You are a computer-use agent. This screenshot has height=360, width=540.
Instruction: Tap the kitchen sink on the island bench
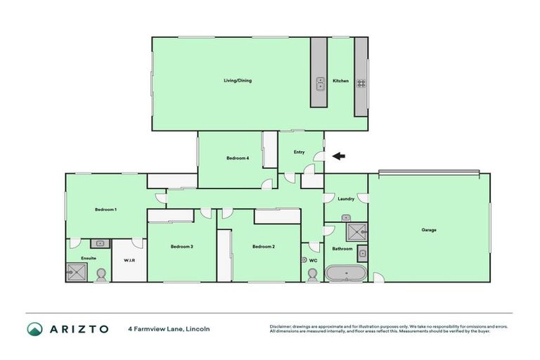point(319,82)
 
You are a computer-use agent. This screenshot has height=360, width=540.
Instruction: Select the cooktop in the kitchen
point(361,82)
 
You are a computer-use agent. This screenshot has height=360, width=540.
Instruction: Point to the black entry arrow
point(338,156)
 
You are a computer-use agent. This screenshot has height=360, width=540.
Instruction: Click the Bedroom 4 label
point(237,158)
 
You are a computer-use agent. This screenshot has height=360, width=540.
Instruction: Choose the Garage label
point(429,230)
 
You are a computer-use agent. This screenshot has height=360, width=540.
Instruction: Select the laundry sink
point(346,219)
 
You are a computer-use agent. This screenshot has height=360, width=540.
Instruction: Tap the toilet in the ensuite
point(101,274)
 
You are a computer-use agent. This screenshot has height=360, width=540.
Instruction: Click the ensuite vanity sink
point(101,244)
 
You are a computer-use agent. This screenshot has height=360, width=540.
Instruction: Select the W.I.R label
point(129,261)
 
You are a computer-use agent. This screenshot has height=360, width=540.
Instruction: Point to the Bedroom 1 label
point(106,210)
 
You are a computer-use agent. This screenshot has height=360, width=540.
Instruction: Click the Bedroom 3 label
point(181,246)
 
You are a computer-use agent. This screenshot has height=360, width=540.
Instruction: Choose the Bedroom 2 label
point(263,246)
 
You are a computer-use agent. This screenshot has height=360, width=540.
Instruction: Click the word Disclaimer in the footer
point(281,326)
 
